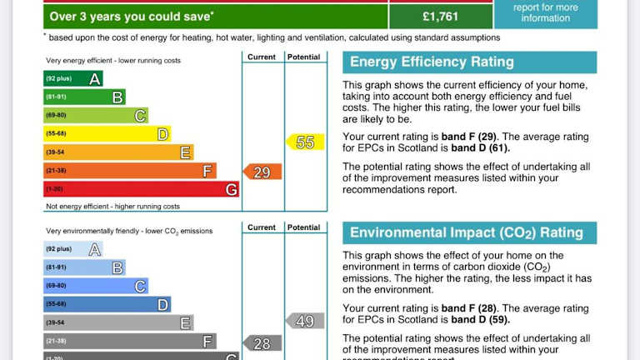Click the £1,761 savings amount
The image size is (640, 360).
[x=440, y=16]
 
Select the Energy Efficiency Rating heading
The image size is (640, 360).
[x=432, y=62]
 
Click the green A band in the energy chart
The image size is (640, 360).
[x=73, y=79]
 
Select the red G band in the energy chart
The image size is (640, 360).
[x=142, y=189]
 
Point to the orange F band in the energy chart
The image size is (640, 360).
[x=130, y=171]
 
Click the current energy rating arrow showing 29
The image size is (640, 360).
[x=262, y=172]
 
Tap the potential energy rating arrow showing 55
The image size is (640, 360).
[x=305, y=142]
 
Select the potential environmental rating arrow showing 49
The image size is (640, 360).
[x=305, y=321]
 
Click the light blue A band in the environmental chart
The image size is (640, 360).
[x=73, y=249]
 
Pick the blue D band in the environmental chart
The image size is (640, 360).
[x=107, y=304]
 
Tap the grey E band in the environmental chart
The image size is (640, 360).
[x=118, y=322]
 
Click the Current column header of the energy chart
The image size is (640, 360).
[x=262, y=57]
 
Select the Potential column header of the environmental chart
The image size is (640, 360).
[x=303, y=227]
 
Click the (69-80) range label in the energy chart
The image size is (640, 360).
[x=57, y=115]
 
